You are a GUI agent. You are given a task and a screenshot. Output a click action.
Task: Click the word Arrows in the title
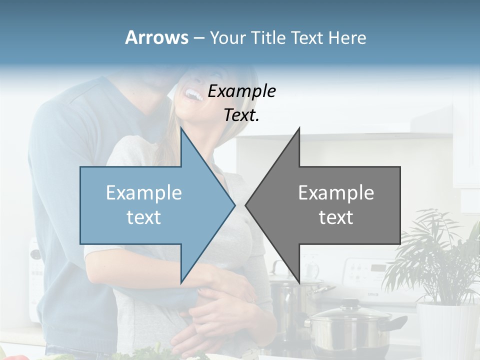pyautogui.click(x=156, y=37)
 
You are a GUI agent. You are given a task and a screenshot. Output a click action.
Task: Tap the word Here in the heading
pyautogui.click(x=347, y=38)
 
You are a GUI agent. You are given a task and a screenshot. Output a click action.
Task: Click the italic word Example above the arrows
pyautogui.click(x=241, y=91)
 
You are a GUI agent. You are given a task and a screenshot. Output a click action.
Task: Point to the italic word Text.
pyautogui.click(x=241, y=115)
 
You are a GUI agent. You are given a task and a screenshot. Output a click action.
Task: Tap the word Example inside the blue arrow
pyautogui.click(x=144, y=193)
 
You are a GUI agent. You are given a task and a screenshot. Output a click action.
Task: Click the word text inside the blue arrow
pyautogui.click(x=144, y=217)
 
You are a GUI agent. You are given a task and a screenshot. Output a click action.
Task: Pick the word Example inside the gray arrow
pyautogui.click(x=336, y=193)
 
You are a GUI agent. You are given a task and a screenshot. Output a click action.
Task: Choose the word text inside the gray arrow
pyautogui.click(x=336, y=217)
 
